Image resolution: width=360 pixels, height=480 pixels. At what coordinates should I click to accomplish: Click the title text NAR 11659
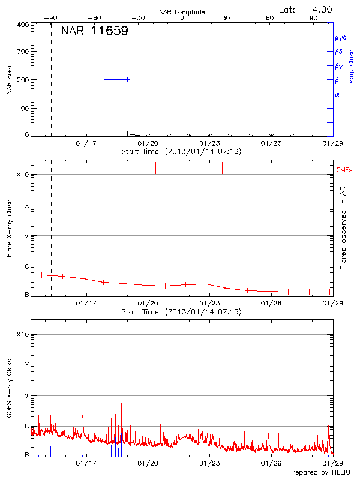click(x=94, y=31)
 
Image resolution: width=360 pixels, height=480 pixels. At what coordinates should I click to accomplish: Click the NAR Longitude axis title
click(x=182, y=12)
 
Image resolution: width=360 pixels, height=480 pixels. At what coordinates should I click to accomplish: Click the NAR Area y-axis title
click(x=10, y=79)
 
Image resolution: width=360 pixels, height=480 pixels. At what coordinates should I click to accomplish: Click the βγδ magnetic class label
click(x=341, y=37)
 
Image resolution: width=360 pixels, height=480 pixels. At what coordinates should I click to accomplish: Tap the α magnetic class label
click(x=337, y=94)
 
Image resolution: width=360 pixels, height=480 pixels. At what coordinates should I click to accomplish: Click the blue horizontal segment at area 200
click(x=117, y=79)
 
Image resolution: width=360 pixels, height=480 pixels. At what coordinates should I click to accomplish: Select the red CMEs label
click(x=344, y=170)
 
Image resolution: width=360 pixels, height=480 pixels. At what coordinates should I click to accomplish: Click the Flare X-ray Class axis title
click(x=10, y=227)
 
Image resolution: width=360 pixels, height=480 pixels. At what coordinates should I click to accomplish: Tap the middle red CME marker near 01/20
click(x=155, y=168)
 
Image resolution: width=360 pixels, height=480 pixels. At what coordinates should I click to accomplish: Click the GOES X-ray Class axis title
click(x=10, y=390)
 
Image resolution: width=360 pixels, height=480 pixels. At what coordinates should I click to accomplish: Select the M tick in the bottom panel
click(x=26, y=395)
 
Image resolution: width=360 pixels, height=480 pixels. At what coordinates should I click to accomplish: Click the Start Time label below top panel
click(x=181, y=152)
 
